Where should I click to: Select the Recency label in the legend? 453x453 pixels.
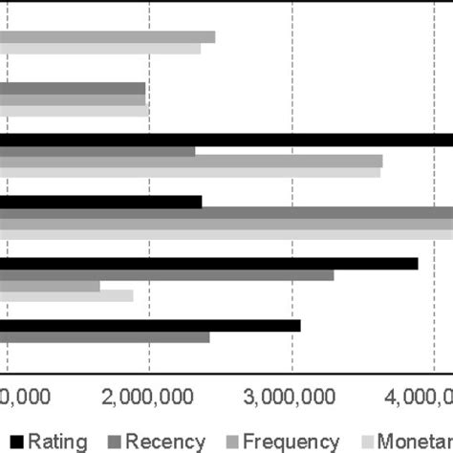[165, 441]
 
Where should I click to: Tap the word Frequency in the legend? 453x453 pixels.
[290, 441]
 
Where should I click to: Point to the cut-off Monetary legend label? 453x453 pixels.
[414, 441]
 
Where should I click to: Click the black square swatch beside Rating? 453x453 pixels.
[15, 441]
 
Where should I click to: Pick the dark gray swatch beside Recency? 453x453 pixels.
[114, 441]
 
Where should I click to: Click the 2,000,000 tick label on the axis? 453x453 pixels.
[149, 396]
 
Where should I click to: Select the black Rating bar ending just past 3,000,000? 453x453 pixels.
[150, 326]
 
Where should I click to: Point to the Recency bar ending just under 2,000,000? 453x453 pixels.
[73, 88]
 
